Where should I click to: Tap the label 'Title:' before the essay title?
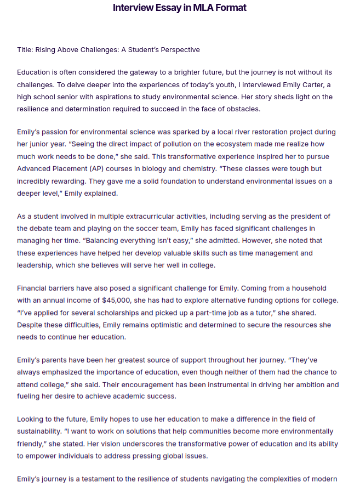point(25,50)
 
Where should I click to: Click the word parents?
point(53,360)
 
